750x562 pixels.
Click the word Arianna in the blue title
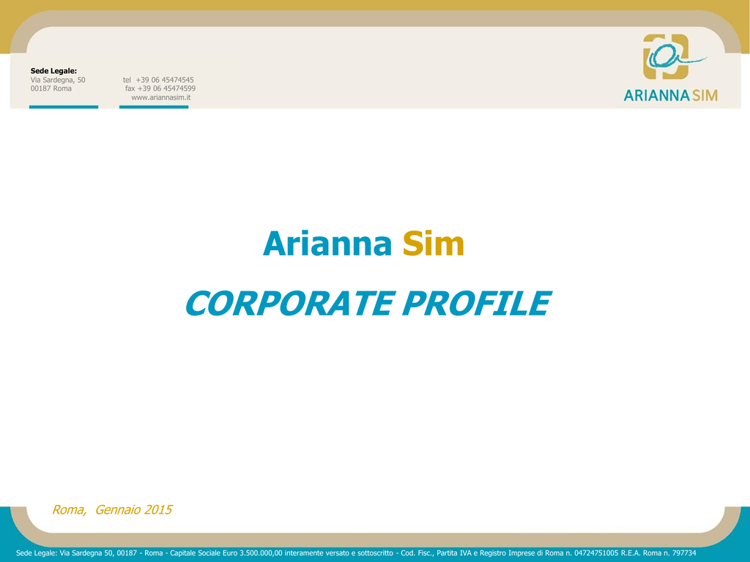click(327, 244)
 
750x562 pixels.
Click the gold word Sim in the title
click(434, 244)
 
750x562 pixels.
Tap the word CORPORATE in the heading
click(289, 304)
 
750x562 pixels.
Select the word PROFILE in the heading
click(477, 304)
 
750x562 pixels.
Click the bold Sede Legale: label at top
click(53, 71)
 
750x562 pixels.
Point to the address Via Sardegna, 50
click(58, 80)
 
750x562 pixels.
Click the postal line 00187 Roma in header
click(51, 89)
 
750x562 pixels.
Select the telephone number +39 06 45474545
click(165, 80)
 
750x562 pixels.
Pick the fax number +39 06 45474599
click(166, 89)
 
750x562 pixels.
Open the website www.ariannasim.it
click(160, 97)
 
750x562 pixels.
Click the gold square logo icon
click(666, 56)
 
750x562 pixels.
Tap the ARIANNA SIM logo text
click(671, 96)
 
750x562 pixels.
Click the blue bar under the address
click(64, 107)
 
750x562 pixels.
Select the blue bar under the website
click(154, 107)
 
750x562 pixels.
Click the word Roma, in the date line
click(69, 510)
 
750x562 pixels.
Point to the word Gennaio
click(118, 510)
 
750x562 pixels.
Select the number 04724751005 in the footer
click(596, 553)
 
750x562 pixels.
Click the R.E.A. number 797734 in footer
click(684, 553)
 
